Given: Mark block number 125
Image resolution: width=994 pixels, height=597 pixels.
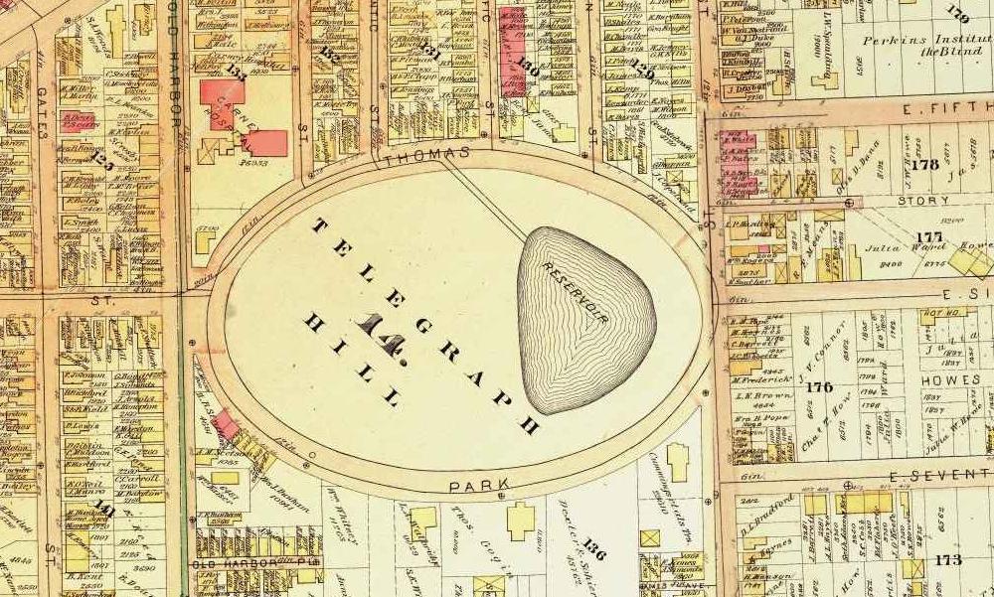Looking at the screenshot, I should (x=99, y=157).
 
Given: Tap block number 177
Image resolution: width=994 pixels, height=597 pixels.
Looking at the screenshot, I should (x=928, y=236).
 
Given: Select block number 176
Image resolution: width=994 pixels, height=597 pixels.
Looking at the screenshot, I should (x=820, y=386).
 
